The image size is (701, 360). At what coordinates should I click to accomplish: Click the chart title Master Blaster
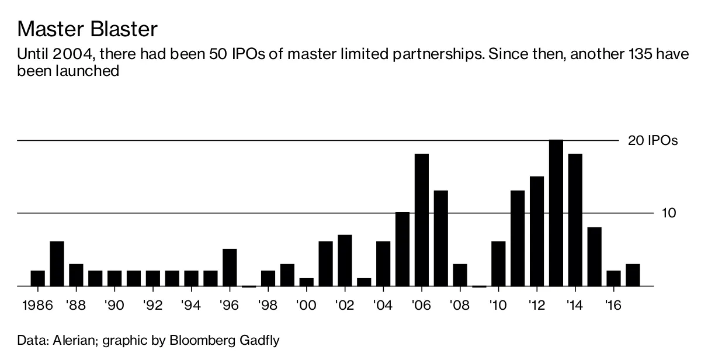point(88,29)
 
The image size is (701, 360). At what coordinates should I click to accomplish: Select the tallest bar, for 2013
point(556,213)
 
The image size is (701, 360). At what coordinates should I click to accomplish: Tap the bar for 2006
point(422,220)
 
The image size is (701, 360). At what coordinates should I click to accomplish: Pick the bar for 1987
point(57,264)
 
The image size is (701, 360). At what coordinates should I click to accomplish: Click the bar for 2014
point(575,220)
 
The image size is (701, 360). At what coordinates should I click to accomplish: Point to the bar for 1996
point(230,268)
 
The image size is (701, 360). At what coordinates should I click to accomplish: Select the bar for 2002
point(345,261)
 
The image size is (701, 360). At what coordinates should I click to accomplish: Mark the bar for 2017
point(633,275)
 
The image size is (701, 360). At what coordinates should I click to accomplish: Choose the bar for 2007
point(441,238)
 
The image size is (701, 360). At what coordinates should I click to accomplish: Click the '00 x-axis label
point(306,304)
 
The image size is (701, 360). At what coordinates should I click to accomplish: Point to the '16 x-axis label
point(613,304)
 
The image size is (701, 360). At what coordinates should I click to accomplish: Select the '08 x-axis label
point(460,304)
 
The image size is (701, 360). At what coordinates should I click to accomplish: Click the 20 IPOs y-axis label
point(653,141)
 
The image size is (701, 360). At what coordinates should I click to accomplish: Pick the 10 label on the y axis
point(669,213)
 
